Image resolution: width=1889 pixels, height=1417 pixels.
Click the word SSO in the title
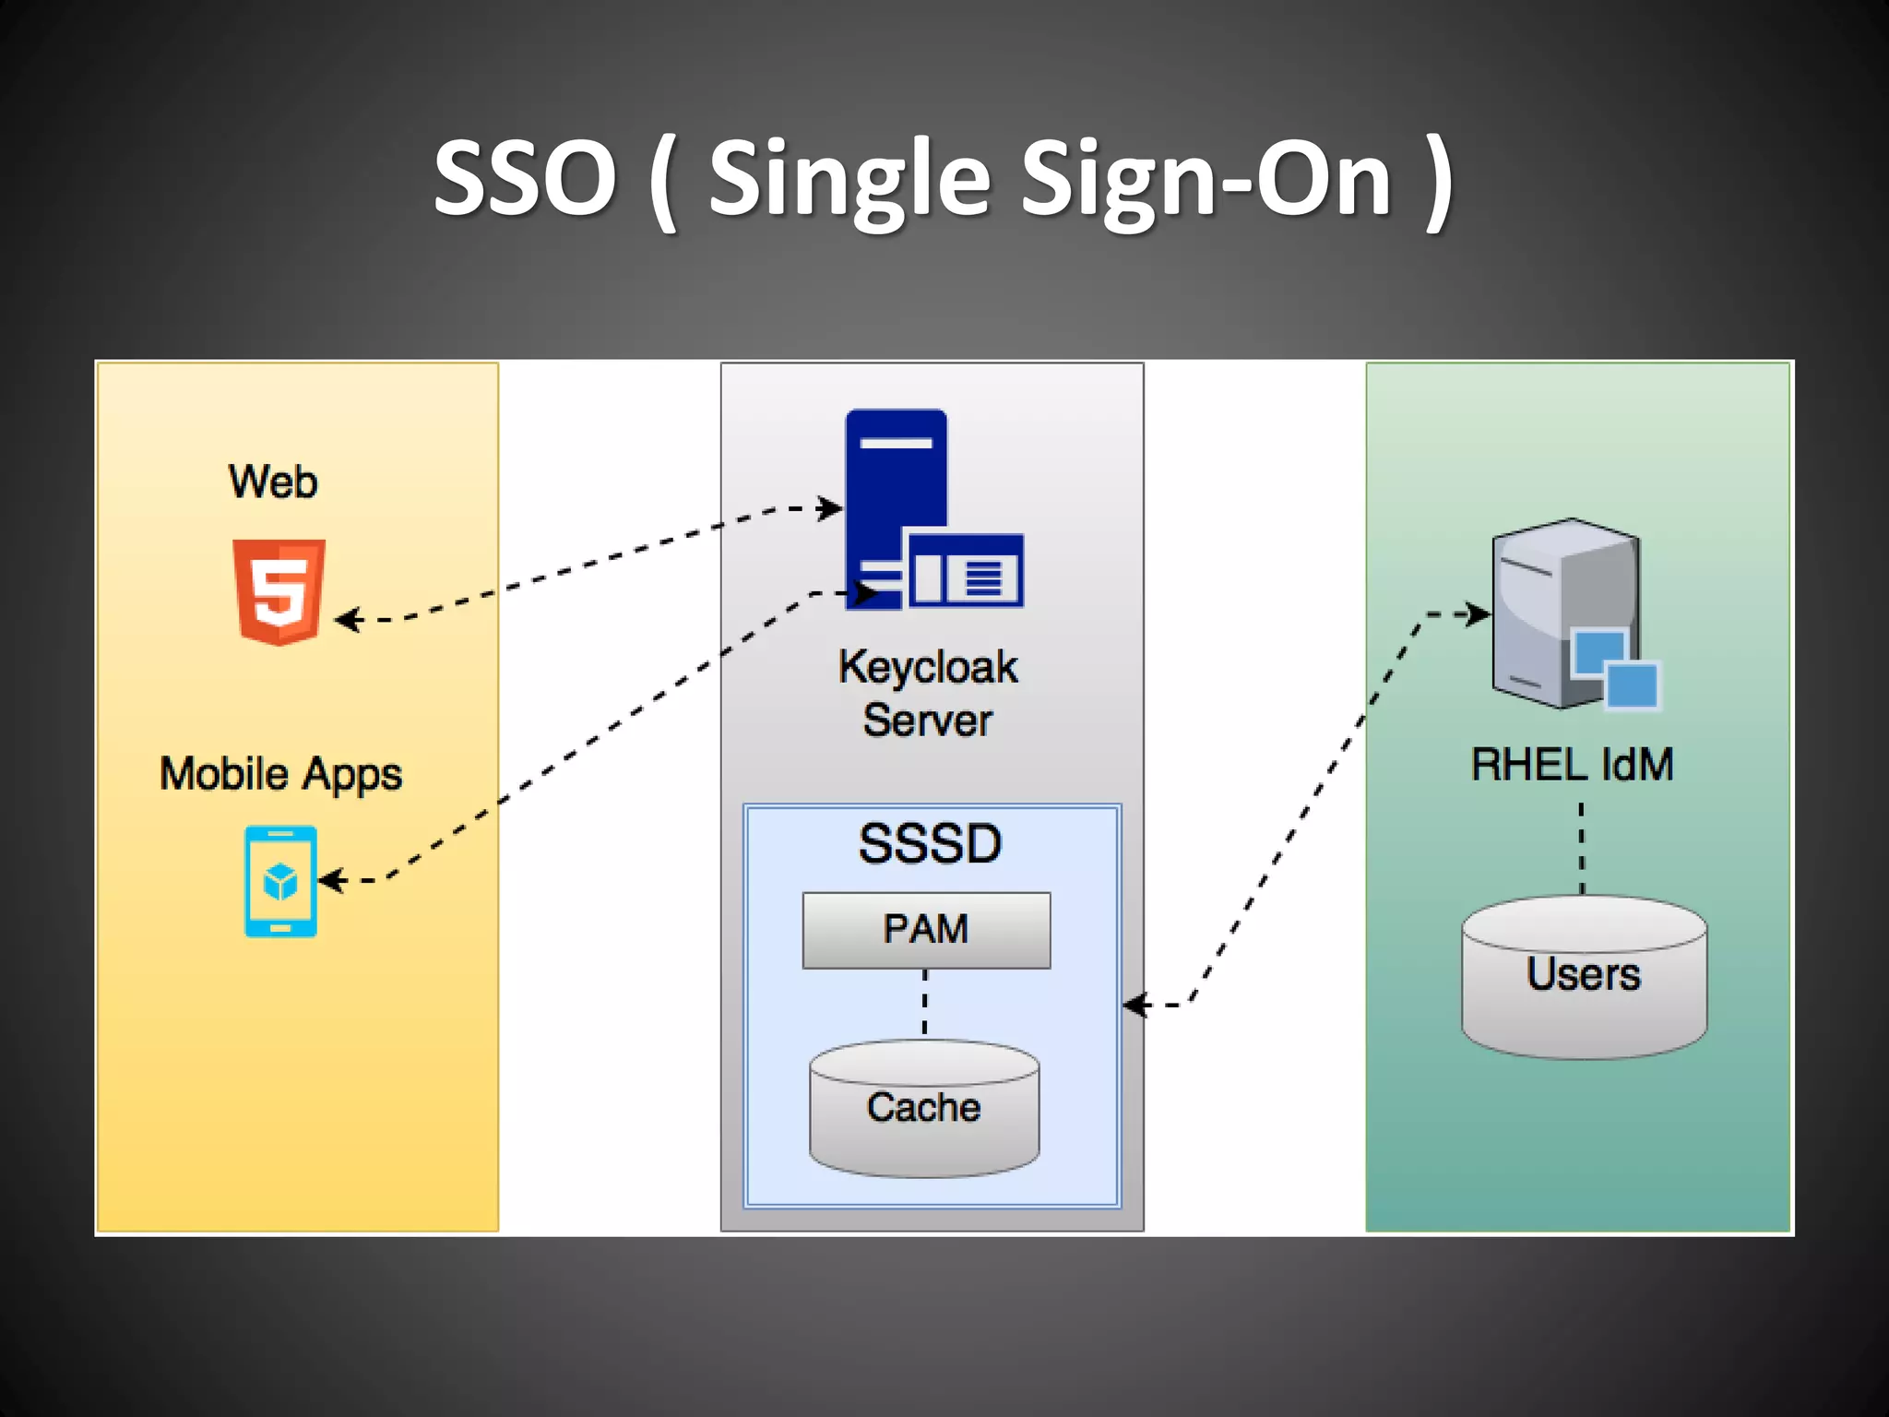click(x=525, y=178)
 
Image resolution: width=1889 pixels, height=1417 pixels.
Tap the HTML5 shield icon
click(x=279, y=591)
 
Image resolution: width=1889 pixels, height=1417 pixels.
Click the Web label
click(x=273, y=482)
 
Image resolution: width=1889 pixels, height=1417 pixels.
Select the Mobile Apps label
click(x=280, y=774)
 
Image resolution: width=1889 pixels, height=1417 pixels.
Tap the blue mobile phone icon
click(x=280, y=881)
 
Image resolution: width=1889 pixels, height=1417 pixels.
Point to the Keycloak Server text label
click(x=928, y=693)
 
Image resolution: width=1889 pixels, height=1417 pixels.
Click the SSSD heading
click(x=930, y=843)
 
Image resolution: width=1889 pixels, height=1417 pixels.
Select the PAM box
click(x=926, y=930)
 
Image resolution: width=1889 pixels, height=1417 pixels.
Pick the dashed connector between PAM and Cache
click(x=925, y=1003)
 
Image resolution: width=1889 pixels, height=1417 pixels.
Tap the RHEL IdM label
click(x=1572, y=765)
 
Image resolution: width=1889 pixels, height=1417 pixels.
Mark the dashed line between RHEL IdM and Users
click(x=1582, y=848)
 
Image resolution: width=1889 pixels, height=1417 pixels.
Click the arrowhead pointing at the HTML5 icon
click(x=346, y=620)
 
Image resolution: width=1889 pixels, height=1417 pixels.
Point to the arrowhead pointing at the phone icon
click(x=331, y=881)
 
